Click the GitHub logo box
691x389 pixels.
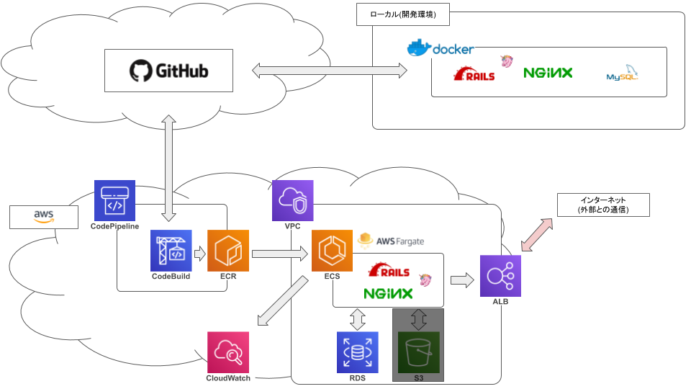[x=168, y=71]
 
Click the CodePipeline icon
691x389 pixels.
[x=114, y=200]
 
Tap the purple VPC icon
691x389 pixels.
[x=292, y=200]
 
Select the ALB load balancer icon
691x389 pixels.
[x=501, y=275]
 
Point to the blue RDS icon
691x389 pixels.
[x=358, y=352]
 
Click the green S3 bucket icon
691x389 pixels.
[x=418, y=351]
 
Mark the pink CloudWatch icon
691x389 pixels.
[x=227, y=352]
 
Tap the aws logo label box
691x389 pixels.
[x=44, y=215]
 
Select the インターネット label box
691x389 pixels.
[x=603, y=205]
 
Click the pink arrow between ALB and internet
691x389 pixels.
[x=539, y=236]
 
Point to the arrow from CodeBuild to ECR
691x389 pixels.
[x=199, y=254]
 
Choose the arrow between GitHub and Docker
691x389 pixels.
[x=329, y=71]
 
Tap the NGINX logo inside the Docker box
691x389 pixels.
[x=548, y=73]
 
